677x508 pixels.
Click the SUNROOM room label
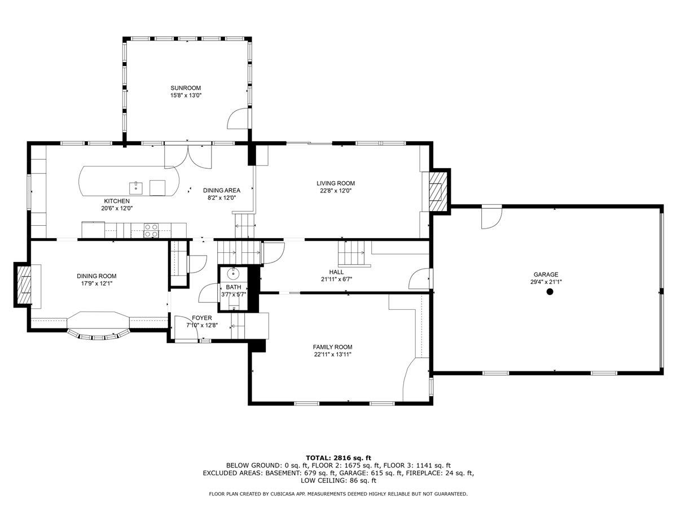[x=186, y=88]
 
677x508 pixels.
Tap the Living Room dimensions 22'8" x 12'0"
[x=336, y=191]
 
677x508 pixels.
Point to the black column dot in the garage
[x=549, y=291]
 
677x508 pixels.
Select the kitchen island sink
[x=136, y=188]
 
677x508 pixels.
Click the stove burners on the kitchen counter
[x=151, y=230]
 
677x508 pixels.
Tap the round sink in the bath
[x=233, y=273]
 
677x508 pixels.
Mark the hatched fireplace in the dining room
[x=24, y=284]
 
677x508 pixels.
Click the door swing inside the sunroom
[x=238, y=119]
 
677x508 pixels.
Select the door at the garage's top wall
[x=491, y=217]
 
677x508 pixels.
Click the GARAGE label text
[x=546, y=274]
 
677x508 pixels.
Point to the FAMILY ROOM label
[x=332, y=347]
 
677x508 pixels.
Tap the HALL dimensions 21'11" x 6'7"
[x=336, y=279]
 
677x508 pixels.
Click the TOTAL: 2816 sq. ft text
[x=338, y=458]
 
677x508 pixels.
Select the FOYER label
[x=202, y=318]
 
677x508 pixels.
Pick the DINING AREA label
[x=222, y=190]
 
